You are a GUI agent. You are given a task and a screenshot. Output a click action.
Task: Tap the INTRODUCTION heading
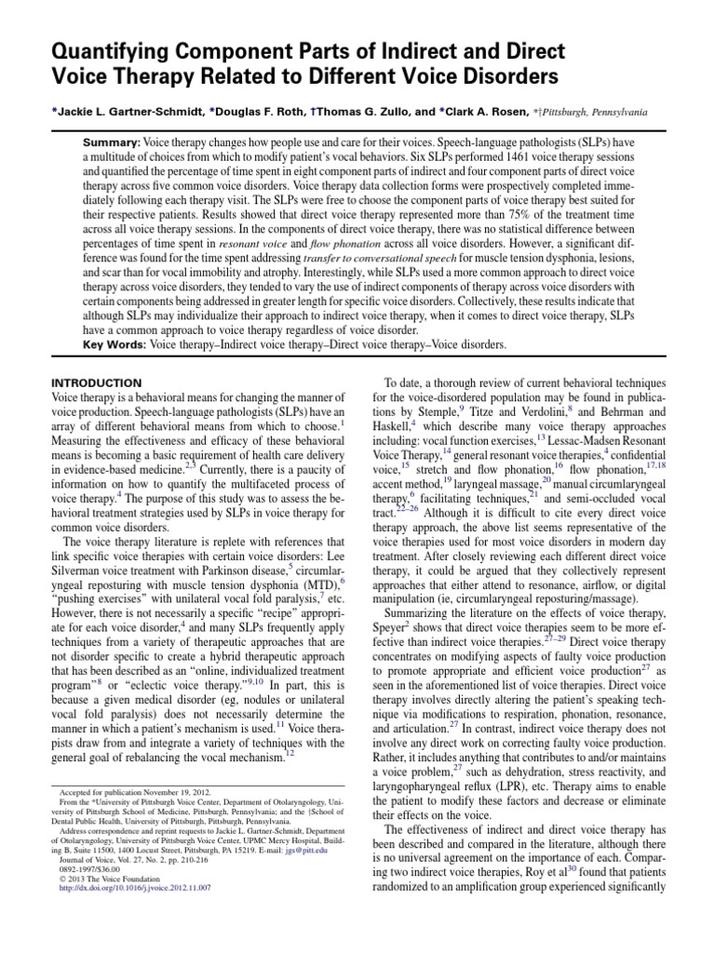pos(97,383)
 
